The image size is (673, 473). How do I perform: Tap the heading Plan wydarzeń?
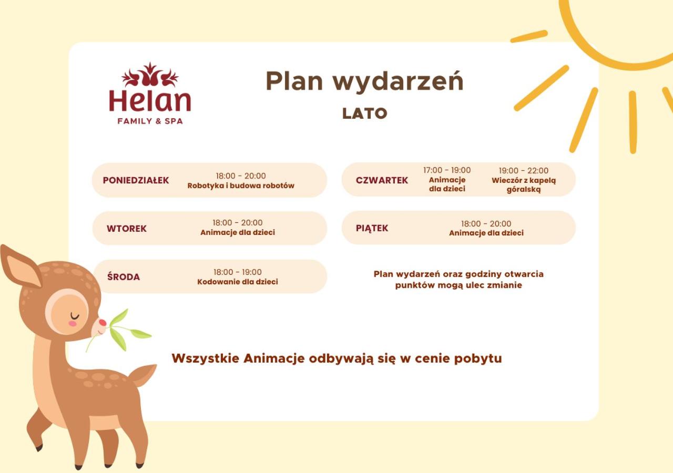pyautogui.click(x=365, y=81)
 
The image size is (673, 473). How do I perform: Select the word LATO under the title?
pyautogui.click(x=365, y=114)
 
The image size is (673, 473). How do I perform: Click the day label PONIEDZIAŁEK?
pyautogui.click(x=136, y=180)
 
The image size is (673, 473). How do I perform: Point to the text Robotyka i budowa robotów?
pyautogui.click(x=241, y=186)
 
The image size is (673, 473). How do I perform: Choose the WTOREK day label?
pyautogui.click(x=127, y=229)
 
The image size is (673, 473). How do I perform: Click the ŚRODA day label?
pyautogui.click(x=124, y=276)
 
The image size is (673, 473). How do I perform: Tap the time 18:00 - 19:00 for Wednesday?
pyautogui.click(x=237, y=272)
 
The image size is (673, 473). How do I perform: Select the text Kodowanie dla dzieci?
pyautogui.click(x=237, y=282)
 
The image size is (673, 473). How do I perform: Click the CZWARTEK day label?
pyautogui.click(x=382, y=180)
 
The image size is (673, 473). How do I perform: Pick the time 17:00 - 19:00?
pyautogui.click(x=447, y=170)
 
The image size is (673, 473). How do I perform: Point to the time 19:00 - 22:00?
pyautogui.click(x=523, y=171)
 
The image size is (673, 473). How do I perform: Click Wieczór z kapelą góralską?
pyautogui.click(x=524, y=185)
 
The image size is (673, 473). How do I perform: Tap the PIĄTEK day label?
pyautogui.click(x=372, y=228)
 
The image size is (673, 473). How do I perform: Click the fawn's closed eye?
pyautogui.click(x=75, y=316)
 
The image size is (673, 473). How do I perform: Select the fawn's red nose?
pyautogui.click(x=103, y=323)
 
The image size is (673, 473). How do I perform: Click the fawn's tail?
pyautogui.click(x=144, y=375)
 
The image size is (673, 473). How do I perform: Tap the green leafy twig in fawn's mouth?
pyautogui.click(x=120, y=331)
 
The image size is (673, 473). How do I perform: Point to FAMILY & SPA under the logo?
pyautogui.click(x=150, y=121)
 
